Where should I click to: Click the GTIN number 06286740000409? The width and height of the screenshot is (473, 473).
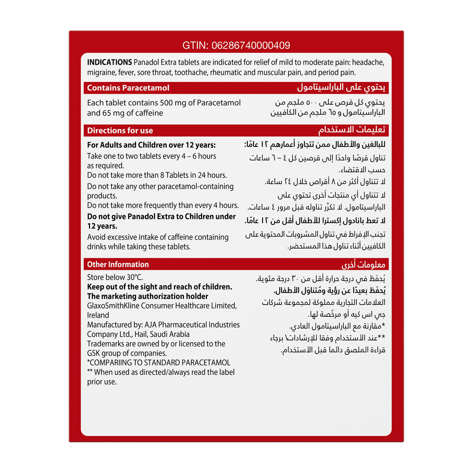(x=249, y=45)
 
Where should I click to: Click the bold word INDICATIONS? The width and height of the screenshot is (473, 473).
(x=109, y=62)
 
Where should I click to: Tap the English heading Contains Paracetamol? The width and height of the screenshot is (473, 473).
(x=128, y=88)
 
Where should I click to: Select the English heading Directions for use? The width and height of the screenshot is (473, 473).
(x=120, y=131)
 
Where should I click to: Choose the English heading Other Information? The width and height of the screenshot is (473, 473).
(x=118, y=264)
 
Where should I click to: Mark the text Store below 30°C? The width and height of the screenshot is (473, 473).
(x=115, y=277)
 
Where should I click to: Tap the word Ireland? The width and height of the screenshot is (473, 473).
(x=98, y=315)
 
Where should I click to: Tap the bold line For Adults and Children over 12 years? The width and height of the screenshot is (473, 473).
(x=151, y=145)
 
